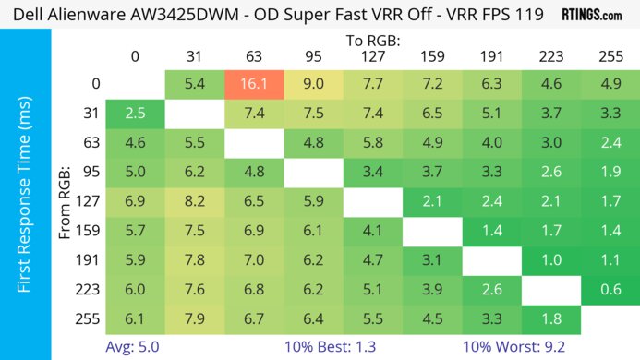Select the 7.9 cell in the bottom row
pyautogui.click(x=195, y=319)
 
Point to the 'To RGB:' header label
pyautogui.click(x=372, y=41)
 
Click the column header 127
pyautogui.click(x=372, y=57)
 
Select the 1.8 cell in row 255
pyautogui.click(x=551, y=319)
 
